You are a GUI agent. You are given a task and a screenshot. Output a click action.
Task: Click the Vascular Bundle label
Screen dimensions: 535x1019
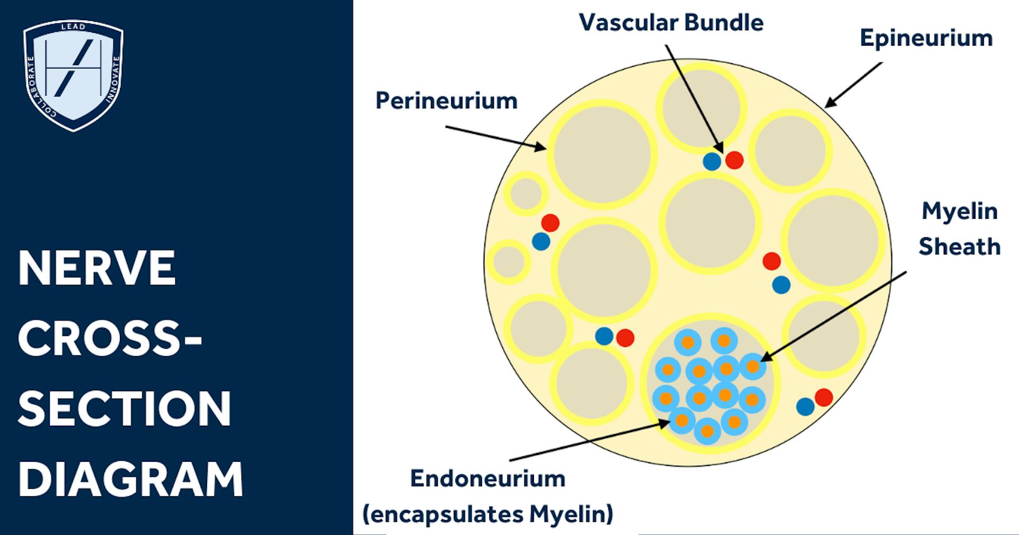click(x=671, y=23)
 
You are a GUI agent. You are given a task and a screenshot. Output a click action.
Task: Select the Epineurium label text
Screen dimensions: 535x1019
click(x=926, y=39)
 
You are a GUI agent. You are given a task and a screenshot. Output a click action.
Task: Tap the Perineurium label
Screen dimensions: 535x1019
click(x=446, y=101)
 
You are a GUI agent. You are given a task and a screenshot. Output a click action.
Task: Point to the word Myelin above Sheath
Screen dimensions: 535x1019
click(x=960, y=211)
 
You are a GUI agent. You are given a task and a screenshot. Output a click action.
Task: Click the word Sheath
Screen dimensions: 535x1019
click(x=960, y=247)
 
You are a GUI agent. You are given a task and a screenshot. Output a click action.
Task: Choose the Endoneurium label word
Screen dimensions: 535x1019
click(x=488, y=479)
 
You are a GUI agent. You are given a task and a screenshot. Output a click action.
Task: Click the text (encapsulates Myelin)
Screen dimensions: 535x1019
click(x=488, y=514)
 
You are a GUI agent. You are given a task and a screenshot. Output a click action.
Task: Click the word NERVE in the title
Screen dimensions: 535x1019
click(x=97, y=269)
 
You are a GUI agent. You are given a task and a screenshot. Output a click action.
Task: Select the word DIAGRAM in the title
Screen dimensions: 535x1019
click(x=131, y=479)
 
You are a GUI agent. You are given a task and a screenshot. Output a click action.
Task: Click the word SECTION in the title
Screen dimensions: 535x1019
click(x=125, y=409)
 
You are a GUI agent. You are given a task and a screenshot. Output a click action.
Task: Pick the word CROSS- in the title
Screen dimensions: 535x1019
click(x=110, y=339)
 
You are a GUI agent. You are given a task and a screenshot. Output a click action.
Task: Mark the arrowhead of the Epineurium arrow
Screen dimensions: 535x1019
click(x=828, y=105)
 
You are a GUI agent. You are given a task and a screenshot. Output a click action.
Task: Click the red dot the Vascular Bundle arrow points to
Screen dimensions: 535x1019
click(x=734, y=160)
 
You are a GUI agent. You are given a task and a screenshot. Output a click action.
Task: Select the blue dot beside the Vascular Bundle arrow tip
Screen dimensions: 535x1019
click(x=712, y=161)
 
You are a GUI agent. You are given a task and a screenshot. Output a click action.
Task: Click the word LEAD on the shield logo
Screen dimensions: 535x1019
click(x=73, y=27)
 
